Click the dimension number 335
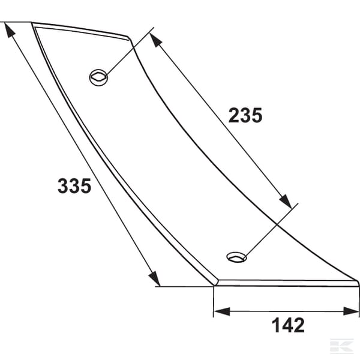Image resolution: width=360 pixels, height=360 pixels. (x=74, y=186)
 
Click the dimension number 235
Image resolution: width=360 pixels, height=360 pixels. (x=245, y=115)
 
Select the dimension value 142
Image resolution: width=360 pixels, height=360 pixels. (x=288, y=325)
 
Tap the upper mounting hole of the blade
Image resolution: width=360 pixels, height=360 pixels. (x=98, y=77)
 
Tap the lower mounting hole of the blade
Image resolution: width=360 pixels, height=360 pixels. (x=236, y=257)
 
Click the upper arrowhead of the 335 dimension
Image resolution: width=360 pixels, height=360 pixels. (x=9, y=30)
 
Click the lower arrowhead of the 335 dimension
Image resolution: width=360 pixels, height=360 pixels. (x=155, y=278)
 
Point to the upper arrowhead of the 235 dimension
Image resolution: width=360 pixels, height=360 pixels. (x=155, y=40)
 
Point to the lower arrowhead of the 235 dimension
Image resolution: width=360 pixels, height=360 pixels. (x=286, y=201)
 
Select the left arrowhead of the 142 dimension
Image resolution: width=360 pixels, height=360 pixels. (x=222, y=311)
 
